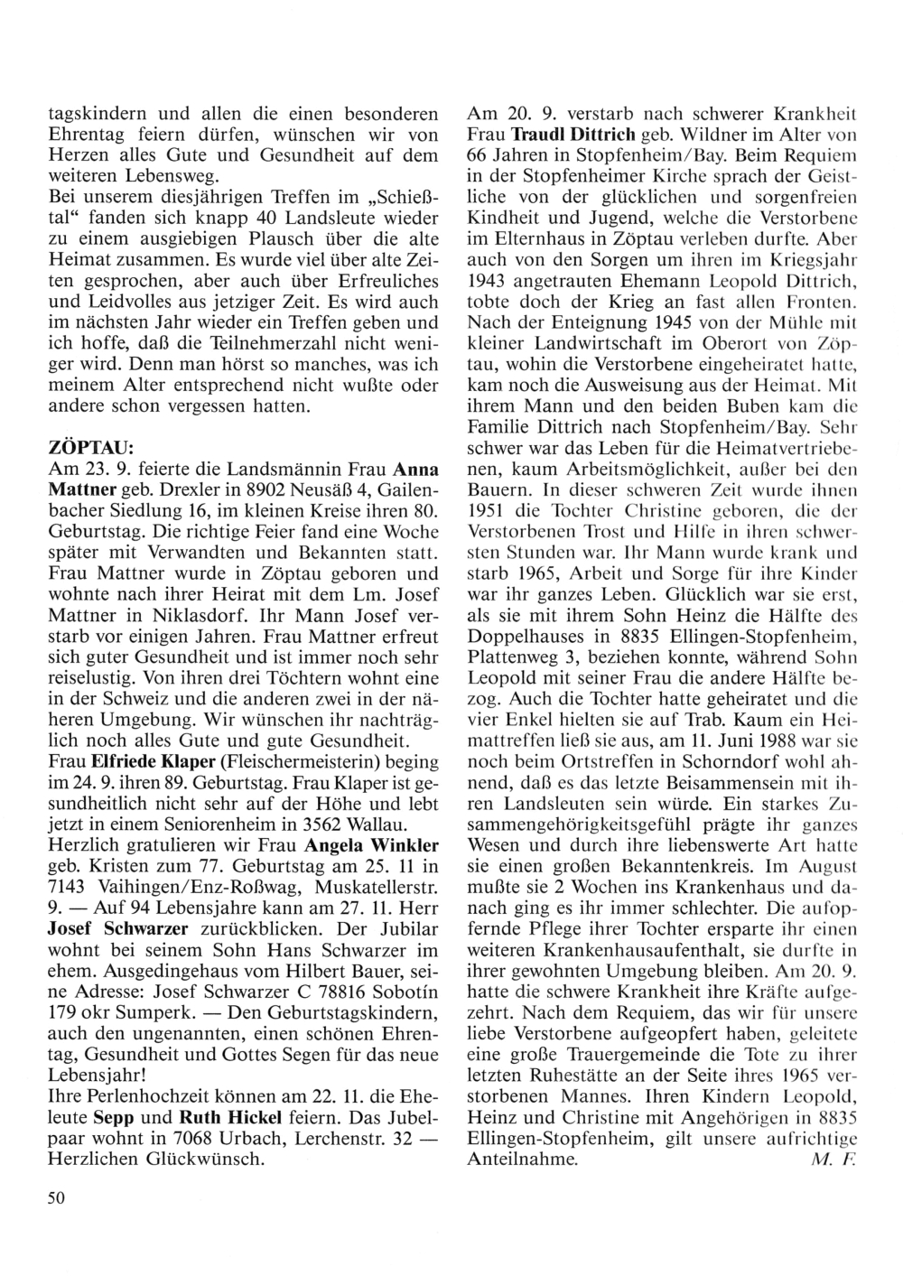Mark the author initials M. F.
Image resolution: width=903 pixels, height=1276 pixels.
[828, 1159]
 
